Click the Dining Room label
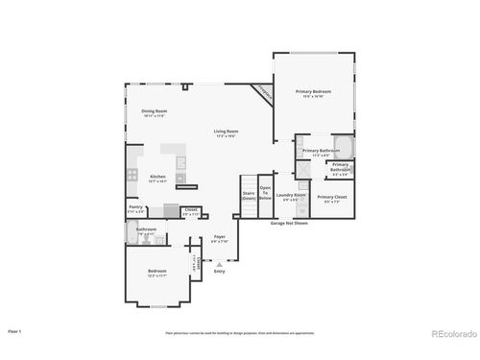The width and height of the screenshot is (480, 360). [155, 112]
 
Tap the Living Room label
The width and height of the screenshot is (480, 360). [226, 132]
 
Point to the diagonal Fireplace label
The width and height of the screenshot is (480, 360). [260, 93]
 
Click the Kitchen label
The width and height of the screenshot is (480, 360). [158, 177]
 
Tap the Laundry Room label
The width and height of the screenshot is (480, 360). [291, 197]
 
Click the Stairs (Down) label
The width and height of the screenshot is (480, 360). [248, 195]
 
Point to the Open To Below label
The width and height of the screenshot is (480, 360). [265, 192]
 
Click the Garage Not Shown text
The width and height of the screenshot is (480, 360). [289, 222]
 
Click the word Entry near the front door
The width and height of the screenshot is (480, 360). [220, 272]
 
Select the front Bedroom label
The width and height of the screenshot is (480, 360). [157, 273]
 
